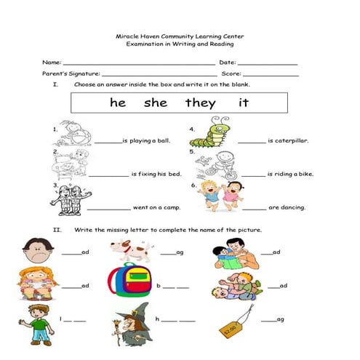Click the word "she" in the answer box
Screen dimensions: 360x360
156,103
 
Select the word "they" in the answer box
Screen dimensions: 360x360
200,103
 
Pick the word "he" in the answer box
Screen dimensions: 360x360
118,103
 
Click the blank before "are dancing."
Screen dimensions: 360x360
255,209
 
